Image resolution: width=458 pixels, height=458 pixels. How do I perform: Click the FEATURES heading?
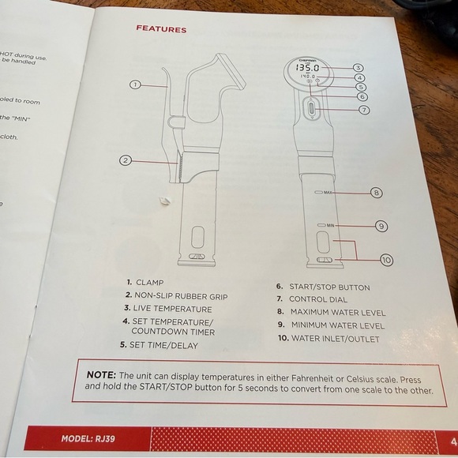(161, 29)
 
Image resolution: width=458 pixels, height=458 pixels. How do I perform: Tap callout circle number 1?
(135, 84)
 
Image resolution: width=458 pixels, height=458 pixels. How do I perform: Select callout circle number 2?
(125, 160)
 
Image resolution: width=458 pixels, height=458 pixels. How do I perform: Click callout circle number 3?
(358, 68)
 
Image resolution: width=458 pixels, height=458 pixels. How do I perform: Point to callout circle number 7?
(364, 110)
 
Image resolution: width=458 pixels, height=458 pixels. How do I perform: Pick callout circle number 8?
(377, 192)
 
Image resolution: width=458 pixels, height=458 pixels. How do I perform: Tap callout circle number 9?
(381, 226)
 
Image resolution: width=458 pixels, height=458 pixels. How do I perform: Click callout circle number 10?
(386, 259)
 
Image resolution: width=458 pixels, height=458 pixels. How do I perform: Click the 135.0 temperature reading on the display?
(307, 69)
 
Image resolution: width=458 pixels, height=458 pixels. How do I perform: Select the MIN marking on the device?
(331, 226)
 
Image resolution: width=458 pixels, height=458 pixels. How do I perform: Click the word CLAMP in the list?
(150, 282)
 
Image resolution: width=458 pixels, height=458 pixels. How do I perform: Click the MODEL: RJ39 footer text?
(88, 437)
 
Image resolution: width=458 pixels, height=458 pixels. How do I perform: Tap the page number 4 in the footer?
(453, 441)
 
